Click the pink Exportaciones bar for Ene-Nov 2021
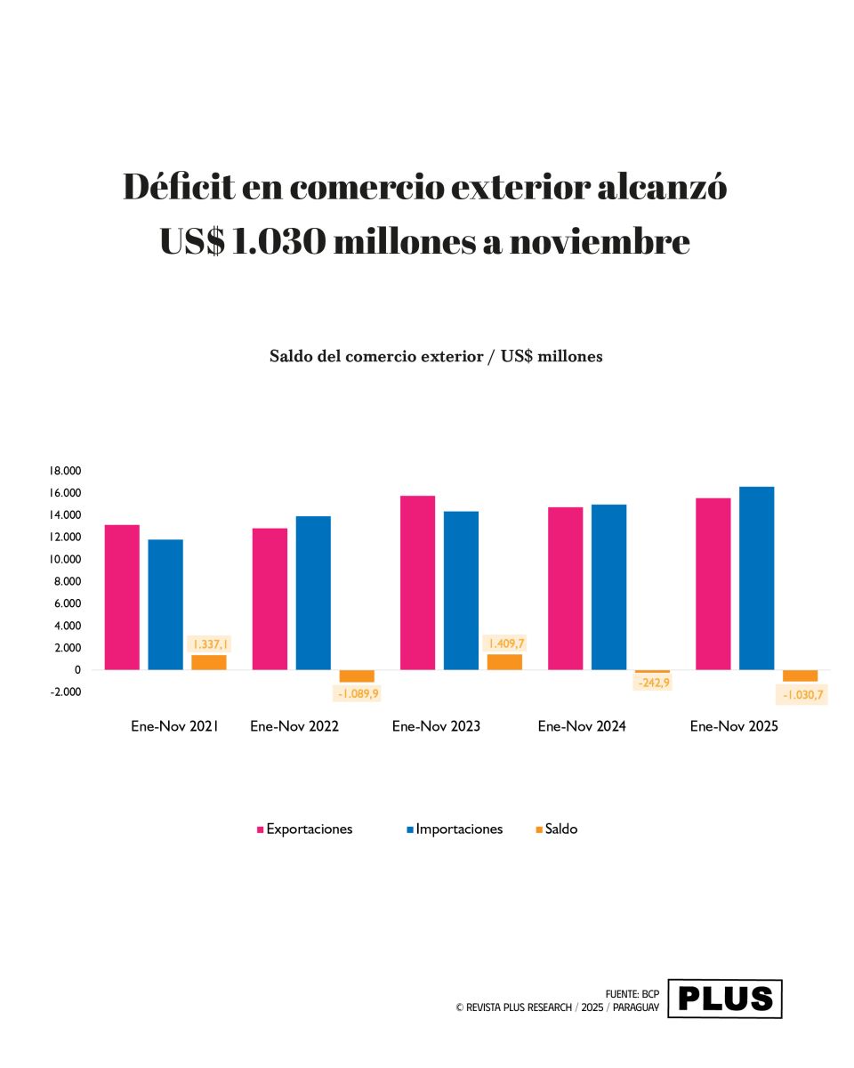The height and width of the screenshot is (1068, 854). click(122, 597)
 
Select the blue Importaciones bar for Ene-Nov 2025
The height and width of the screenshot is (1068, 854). click(756, 578)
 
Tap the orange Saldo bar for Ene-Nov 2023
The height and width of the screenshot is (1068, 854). click(504, 661)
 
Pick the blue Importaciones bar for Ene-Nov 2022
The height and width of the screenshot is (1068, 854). click(313, 593)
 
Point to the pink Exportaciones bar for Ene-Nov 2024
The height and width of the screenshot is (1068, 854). click(565, 588)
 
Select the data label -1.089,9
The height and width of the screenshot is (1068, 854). click(358, 693)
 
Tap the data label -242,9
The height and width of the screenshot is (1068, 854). click(653, 683)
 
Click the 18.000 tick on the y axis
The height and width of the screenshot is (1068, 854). click(65, 471)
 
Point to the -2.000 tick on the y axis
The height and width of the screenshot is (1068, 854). click(65, 692)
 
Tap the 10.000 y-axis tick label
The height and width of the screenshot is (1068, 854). click(65, 559)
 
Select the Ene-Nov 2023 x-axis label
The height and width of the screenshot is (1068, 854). click(436, 726)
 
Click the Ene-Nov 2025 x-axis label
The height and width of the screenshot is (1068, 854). click(734, 726)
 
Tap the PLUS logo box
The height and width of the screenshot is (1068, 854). click(725, 999)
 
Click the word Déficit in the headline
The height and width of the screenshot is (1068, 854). click(179, 188)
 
